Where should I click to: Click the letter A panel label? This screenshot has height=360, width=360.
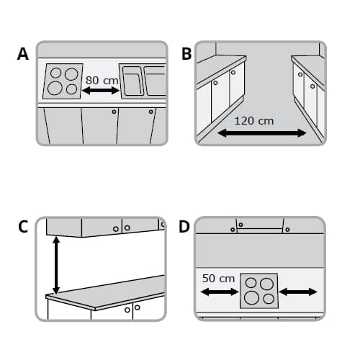(23, 54)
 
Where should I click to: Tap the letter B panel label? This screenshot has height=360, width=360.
(186, 54)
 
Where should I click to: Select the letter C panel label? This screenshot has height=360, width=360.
(23, 227)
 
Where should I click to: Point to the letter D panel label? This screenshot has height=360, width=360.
(185, 227)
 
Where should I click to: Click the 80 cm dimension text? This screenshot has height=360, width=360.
(102, 80)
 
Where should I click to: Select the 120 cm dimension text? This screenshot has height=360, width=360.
(254, 120)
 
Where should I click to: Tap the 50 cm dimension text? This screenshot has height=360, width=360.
(218, 278)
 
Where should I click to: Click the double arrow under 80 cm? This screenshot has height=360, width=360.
(101, 91)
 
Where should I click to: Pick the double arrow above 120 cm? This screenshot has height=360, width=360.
(262, 133)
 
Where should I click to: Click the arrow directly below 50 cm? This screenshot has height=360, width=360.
(219, 292)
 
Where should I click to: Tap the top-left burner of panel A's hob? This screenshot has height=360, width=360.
(55, 74)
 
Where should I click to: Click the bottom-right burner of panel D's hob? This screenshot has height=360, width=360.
(268, 298)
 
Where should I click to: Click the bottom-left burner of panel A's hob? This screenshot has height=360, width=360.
(55, 89)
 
